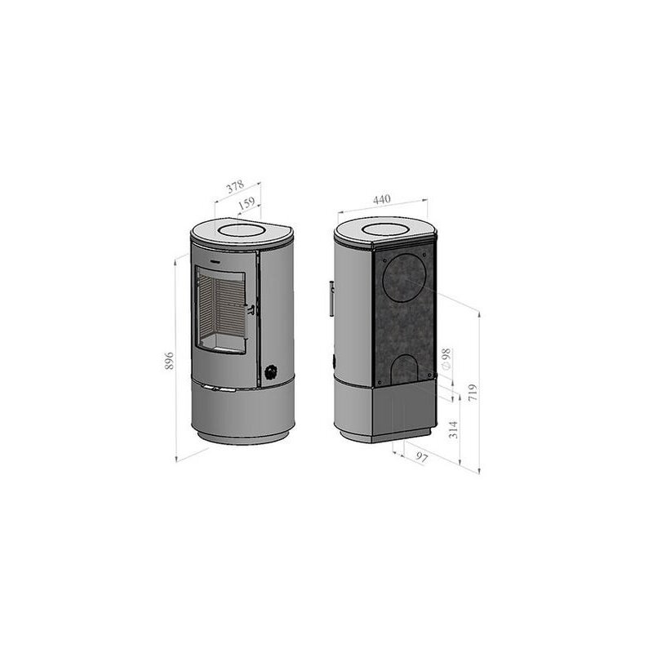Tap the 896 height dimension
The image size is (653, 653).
(x=170, y=362)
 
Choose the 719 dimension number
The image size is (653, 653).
(x=473, y=396)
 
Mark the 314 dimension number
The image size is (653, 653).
(x=453, y=429)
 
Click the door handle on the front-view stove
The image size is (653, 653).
(x=251, y=309)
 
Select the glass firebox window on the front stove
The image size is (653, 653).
(x=221, y=309)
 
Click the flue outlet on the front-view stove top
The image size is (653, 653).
(x=242, y=231)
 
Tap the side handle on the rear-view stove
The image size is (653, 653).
(x=331, y=298)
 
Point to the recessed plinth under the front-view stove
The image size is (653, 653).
(x=241, y=441)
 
